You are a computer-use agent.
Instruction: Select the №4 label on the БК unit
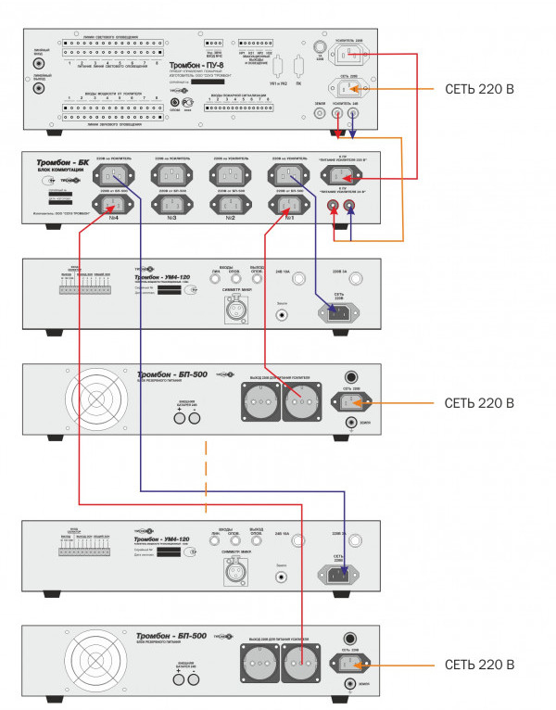(x=112, y=218)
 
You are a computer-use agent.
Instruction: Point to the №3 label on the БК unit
(x=171, y=218)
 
